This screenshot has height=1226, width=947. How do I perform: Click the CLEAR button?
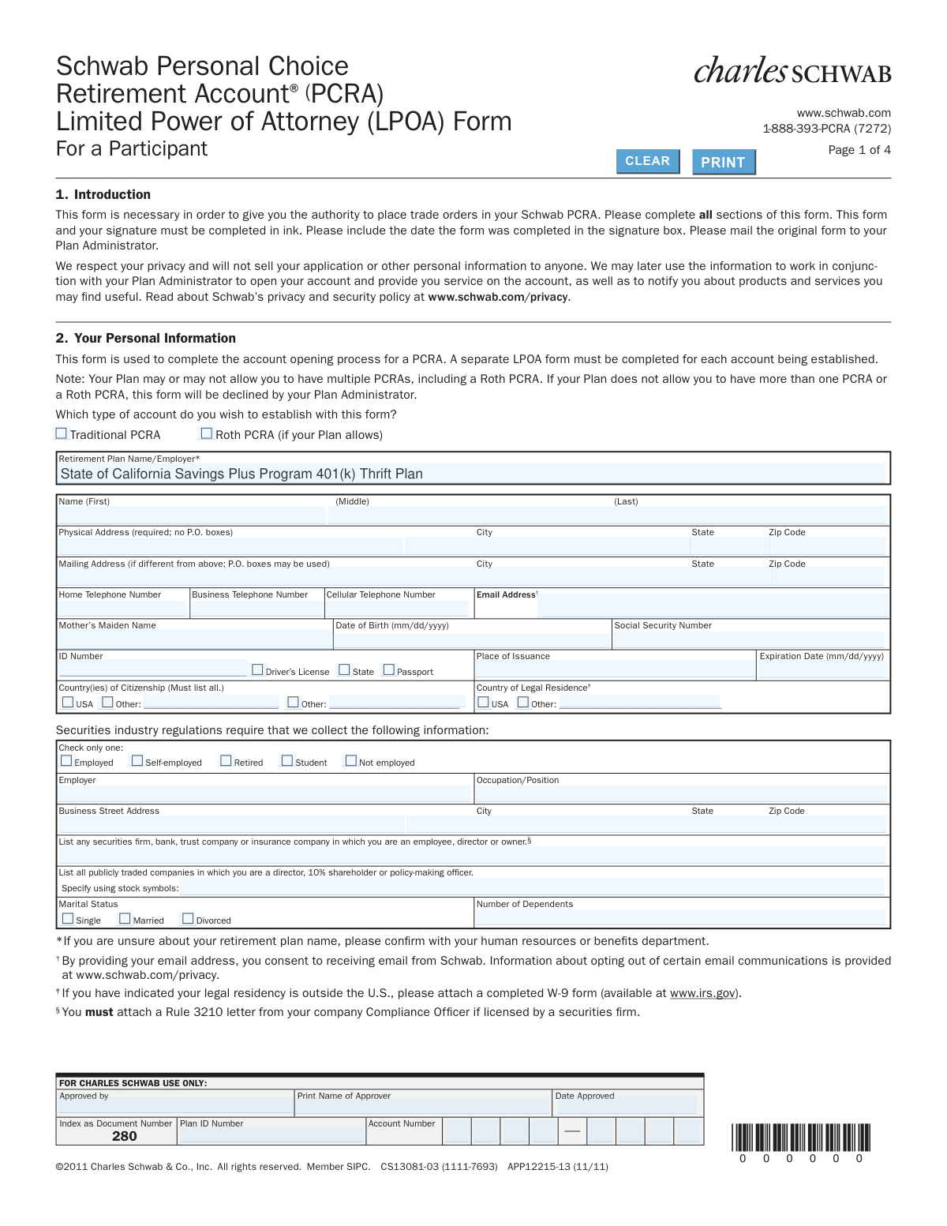point(647,161)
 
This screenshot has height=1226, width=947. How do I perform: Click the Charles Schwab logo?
point(792,71)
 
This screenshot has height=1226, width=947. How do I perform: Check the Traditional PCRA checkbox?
point(62,433)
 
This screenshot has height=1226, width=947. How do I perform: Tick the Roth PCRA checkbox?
point(207,433)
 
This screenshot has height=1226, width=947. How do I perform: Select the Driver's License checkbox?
point(257,669)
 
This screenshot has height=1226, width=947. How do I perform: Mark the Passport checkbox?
point(388,669)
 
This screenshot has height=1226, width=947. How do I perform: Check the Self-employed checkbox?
point(137,761)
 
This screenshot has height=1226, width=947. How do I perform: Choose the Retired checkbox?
point(226,761)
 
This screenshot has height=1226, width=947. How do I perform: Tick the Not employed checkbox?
point(351,761)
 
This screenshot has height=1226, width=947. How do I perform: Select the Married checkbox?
point(125,919)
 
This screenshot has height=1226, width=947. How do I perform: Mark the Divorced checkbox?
point(188,919)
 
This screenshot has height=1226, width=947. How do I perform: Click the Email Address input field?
point(712,606)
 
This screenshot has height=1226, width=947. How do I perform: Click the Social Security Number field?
point(750,639)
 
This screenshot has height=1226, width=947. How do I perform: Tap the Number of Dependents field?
point(680,917)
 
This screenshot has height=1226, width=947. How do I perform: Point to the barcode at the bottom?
point(801,1138)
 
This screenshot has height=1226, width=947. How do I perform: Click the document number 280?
point(125,1136)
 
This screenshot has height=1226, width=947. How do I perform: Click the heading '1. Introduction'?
point(103,195)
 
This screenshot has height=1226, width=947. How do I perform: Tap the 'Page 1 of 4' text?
point(859,150)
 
